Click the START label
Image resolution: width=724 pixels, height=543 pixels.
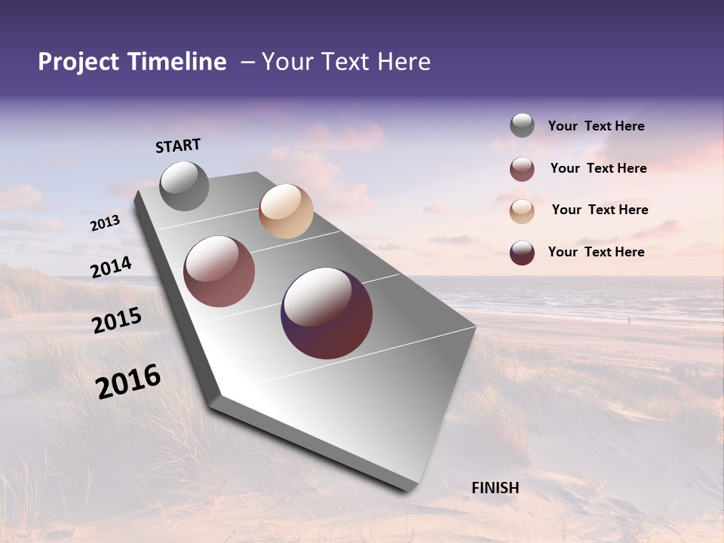point(178,146)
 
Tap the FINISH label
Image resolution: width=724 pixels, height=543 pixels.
point(495,488)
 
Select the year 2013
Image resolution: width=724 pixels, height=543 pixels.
point(106,222)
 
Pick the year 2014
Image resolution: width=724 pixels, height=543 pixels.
point(112,268)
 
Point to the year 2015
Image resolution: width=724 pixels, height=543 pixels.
point(117,321)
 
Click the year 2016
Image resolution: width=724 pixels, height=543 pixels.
point(128,382)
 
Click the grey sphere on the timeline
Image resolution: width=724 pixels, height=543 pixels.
point(184,186)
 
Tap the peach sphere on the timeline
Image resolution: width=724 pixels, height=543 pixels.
point(286,211)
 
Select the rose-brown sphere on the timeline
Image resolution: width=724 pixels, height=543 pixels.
point(219,271)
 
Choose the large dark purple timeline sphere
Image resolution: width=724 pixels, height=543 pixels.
point(327,313)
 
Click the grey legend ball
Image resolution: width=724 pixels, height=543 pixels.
point(522,126)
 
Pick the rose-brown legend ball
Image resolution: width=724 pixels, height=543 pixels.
point(522,169)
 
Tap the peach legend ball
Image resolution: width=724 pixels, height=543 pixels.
point(522,210)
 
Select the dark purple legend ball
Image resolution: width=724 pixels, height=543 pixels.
point(522,253)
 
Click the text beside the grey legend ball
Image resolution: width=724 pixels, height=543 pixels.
point(596,126)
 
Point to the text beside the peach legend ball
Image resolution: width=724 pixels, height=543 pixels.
point(600,210)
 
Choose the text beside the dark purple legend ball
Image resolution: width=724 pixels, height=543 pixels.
point(596,252)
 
